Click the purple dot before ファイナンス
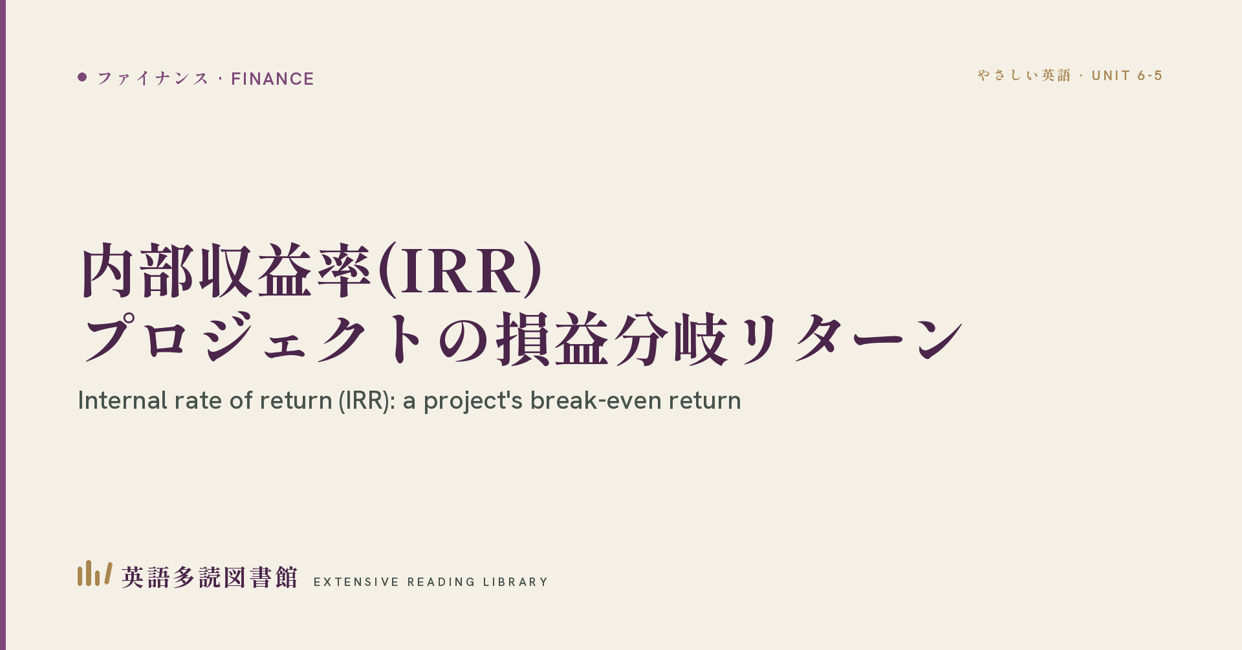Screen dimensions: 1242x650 82,77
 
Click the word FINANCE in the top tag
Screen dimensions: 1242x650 272,79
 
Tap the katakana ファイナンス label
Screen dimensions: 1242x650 153,79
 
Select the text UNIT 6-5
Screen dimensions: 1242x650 1127,76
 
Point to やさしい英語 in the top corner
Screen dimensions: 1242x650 1024,76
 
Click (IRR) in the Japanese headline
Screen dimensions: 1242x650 459,270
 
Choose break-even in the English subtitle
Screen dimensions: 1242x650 596,400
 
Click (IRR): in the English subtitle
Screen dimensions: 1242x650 367,401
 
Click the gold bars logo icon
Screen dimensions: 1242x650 94,573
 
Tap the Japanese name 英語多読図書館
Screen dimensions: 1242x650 210,578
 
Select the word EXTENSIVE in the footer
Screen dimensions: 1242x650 356,582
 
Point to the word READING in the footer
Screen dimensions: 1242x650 441,582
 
